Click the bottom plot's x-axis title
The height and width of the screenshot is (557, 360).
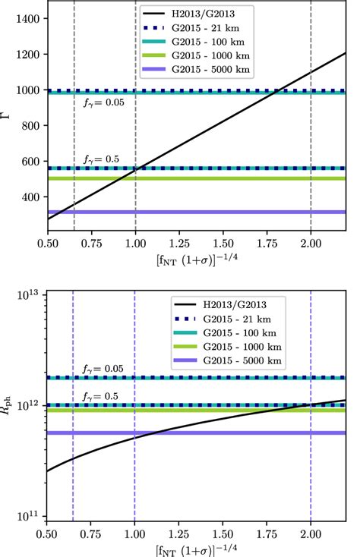[196, 548]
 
